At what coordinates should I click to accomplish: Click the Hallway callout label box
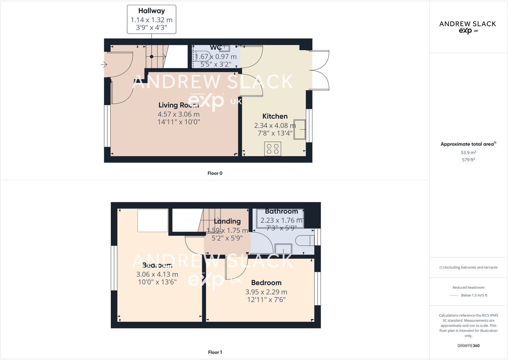151,19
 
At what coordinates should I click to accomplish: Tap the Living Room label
178,105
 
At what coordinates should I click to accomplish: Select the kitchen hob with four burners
273,149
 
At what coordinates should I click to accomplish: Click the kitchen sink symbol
299,129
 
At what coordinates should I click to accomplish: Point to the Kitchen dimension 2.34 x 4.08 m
275,126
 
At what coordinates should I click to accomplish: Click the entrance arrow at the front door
104,65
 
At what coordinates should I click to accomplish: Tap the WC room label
215,48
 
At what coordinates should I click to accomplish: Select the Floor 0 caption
215,173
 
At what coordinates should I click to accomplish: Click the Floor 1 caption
215,352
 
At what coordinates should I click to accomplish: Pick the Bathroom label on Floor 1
281,211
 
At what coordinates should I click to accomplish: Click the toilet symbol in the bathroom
305,241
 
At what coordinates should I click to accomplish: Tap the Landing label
227,221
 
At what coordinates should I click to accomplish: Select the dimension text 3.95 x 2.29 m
266,292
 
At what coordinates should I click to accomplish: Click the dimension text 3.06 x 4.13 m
157,274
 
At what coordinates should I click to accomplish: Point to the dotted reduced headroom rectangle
153,220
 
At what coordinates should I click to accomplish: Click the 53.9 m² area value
468,153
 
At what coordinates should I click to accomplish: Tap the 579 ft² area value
468,160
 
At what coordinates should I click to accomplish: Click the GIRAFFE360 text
468,346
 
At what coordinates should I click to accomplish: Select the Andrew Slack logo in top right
467,27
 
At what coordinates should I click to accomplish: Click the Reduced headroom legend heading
468,287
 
